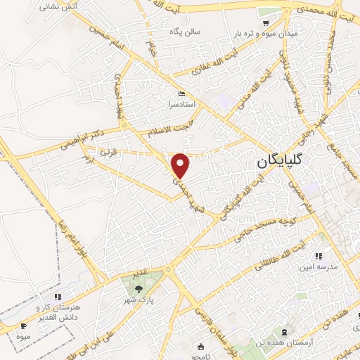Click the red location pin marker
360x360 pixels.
tap(181, 165)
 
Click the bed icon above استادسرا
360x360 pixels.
tap(181, 94)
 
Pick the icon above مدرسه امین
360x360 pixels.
tap(319, 257)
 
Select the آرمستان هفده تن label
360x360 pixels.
tap(285, 341)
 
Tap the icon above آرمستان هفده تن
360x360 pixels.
tap(284, 330)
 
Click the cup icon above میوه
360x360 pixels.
tap(23, 326)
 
